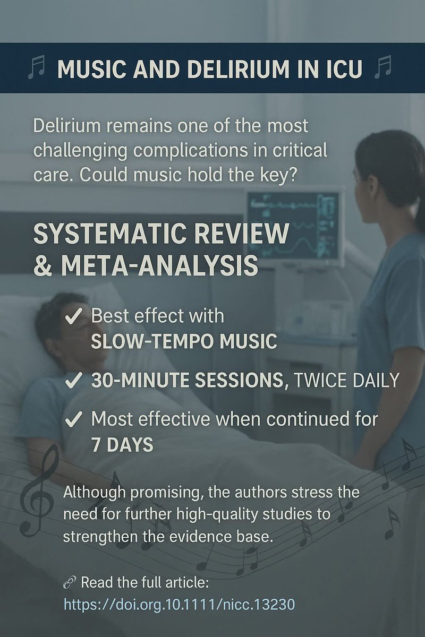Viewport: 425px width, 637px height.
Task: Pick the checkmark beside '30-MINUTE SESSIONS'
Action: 73,381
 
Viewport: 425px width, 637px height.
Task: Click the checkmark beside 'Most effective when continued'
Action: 73,420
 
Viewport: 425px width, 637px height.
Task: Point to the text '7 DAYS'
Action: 122,445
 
